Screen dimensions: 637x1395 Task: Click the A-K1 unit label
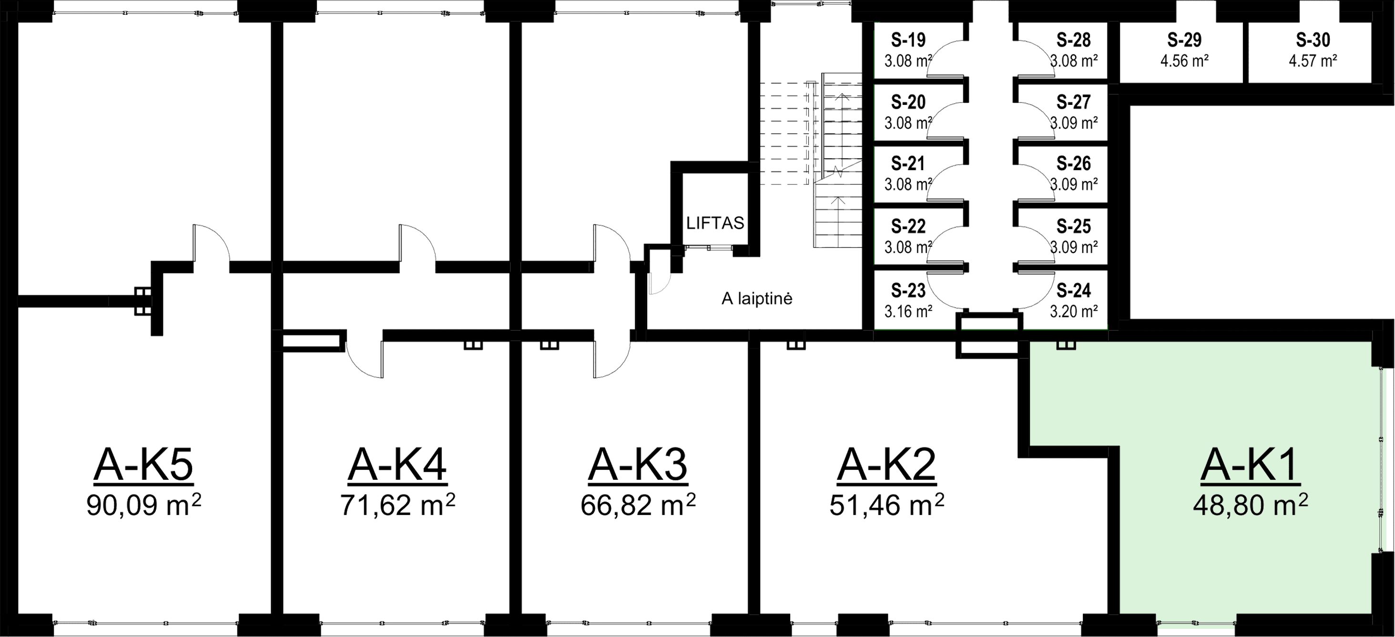(1250, 465)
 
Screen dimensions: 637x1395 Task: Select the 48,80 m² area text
(1250, 506)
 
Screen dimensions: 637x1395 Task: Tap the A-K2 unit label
(886, 465)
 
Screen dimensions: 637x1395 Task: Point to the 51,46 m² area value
(886, 506)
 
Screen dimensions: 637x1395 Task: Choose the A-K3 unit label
(638, 465)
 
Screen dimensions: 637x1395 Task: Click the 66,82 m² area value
(638, 506)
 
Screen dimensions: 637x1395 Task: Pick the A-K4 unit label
(398, 465)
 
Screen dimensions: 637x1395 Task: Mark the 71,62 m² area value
(398, 506)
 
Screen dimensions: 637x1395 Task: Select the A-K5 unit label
(143, 465)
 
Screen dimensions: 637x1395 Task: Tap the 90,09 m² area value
(143, 506)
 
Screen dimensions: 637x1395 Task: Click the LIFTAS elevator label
(715, 223)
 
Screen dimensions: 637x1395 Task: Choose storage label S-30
(1313, 40)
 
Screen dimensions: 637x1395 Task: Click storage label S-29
(1184, 40)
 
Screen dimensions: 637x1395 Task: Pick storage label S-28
(1073, 40)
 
